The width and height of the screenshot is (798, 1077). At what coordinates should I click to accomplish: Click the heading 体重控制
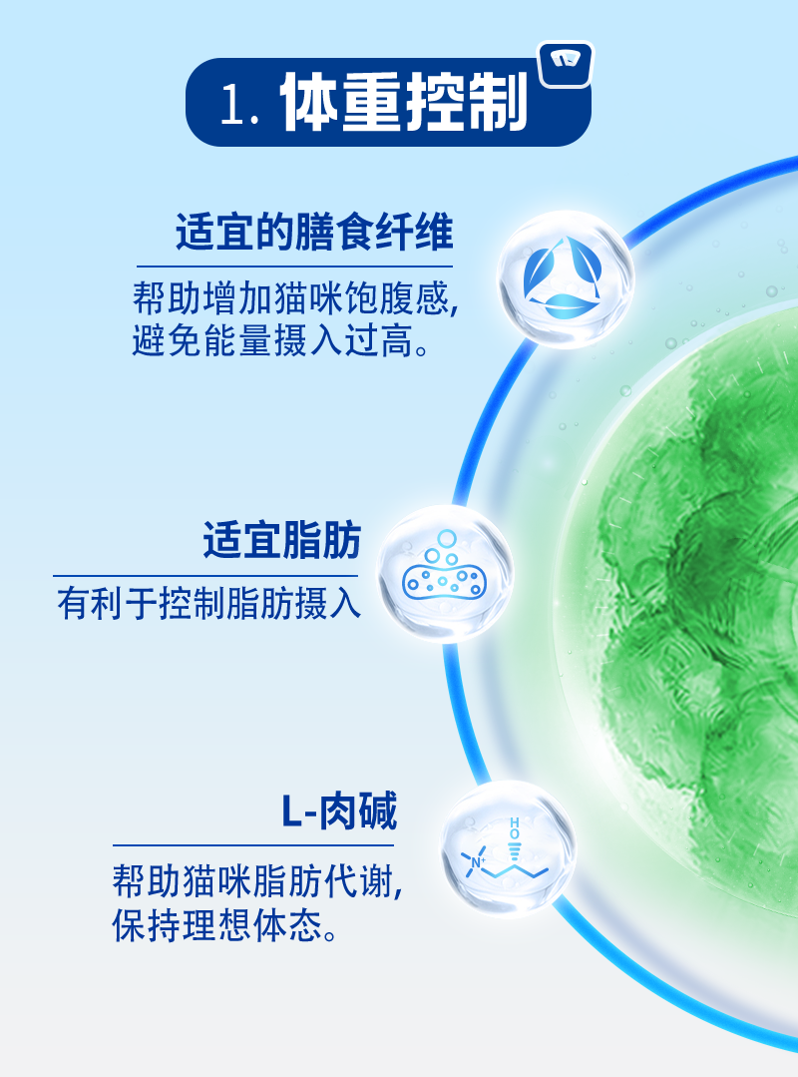404,102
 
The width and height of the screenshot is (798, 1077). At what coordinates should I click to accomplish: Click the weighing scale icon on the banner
566,65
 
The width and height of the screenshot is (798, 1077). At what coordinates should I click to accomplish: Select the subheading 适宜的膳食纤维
314,233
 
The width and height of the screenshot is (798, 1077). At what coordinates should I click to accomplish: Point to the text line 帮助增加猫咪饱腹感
295,298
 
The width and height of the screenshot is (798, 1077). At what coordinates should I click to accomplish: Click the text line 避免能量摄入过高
281,340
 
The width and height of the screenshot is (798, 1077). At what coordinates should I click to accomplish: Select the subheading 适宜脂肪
282,540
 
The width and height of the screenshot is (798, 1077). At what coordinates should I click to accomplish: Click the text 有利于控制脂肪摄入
209,603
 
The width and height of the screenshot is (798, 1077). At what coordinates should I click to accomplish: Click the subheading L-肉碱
339,810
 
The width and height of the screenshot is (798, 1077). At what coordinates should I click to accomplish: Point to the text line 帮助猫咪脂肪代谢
257,881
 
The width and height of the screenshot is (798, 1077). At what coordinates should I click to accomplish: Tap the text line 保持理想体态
225,925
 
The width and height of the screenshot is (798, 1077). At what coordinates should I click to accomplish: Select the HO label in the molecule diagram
515,828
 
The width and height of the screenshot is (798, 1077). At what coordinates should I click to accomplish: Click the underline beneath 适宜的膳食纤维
294,266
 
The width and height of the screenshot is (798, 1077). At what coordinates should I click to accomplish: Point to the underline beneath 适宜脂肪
205,576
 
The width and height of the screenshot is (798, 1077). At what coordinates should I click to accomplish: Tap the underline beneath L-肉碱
253,844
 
